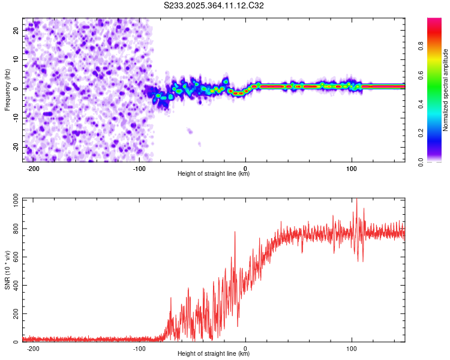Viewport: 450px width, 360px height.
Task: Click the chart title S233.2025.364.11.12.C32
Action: coord(214,6)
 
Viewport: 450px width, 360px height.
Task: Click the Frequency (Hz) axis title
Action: coord(7,89)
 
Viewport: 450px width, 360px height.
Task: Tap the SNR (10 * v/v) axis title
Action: coord(7,269)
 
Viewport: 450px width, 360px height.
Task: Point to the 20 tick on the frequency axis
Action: coord(16,29)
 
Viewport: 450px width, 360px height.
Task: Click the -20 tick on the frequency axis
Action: coord(15,147)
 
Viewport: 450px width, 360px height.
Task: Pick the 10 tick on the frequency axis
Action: coord(16,59)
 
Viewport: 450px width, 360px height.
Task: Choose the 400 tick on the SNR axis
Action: coord(14,286)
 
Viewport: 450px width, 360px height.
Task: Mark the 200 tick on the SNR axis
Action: coord(14,314)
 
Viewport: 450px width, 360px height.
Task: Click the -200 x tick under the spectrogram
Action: coord(34,169)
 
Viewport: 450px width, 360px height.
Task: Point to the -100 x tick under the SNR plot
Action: coord(140,348)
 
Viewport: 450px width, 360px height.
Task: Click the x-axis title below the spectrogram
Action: coord(214,174)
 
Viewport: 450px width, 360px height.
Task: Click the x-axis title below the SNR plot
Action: coord(214,353)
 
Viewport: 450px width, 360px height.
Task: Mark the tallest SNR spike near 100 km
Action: coord(356,200)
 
